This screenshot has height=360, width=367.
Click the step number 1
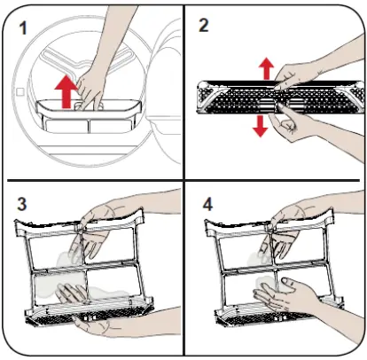pyautogui.click(x=22, y=28)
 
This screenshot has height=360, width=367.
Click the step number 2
pyautogui.click(x=204, y=25)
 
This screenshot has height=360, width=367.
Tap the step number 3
pyautogui.click(x=22, y=204)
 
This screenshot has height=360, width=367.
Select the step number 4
pyautogui.click(x=207, y=204)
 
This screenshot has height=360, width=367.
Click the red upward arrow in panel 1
pyautogui.click(x=67, y=91)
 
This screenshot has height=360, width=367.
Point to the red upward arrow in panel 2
pyautogui.click(x=266, y=68)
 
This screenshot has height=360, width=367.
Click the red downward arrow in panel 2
pyautogui.click(x=261, y=126)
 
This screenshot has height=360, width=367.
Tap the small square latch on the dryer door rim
pyautogui.click(x=20, y=91)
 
